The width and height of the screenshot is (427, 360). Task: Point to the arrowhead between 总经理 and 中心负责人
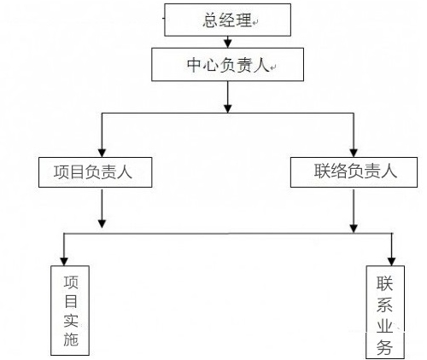click(x=227, y=44)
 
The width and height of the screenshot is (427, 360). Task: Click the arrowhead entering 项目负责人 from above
click(x=102, y=153)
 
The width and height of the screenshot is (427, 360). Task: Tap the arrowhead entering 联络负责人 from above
click(x=354, y=153)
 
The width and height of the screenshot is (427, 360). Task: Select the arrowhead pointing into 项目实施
click(x=64, y=262)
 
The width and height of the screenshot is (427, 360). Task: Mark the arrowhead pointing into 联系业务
click(x=392, y=262)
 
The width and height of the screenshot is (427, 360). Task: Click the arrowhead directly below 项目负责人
click(x=102, y=224)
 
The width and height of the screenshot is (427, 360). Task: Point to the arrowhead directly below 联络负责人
click(x=354, y=229)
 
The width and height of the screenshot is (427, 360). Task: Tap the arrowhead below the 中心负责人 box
click(x=227, y=108)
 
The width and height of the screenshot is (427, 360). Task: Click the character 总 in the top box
click(x=211, y=20)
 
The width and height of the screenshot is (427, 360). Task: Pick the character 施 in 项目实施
click(x=71, y=340)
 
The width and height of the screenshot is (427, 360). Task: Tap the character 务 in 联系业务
click(x=385, y=347)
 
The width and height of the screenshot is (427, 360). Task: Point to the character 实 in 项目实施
click(x=71, y=321)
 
